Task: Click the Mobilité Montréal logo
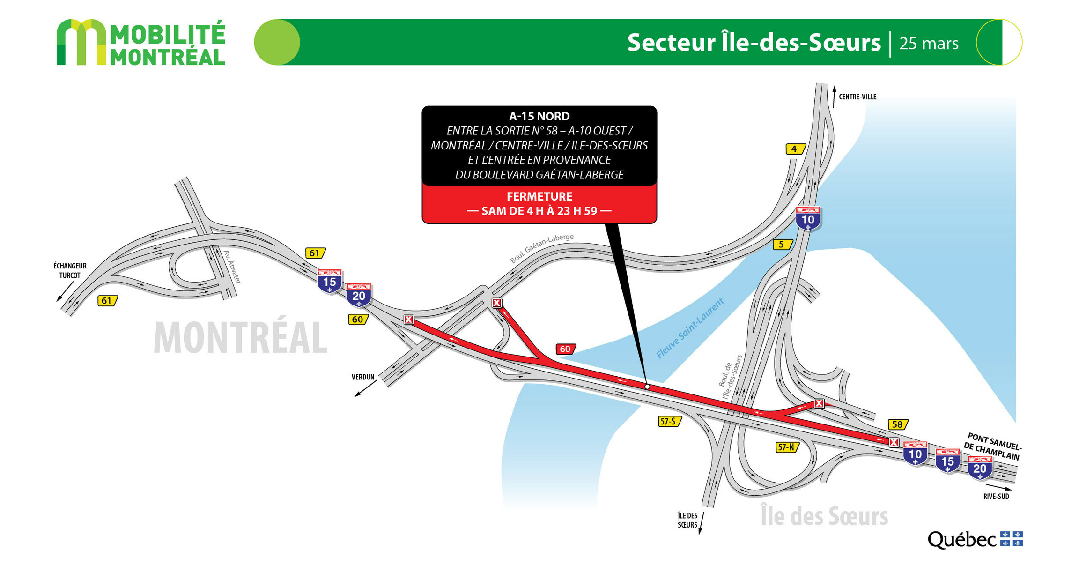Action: [140, 42]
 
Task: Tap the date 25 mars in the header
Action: [929, 43]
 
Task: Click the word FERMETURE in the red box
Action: [539, 196]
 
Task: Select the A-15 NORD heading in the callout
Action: [539, 116]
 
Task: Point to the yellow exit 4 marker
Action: [795, 149]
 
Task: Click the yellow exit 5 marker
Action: [782, 244]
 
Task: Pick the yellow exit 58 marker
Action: [897, 424]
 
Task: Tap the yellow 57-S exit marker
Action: [669, 421]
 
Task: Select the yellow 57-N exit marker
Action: [786, 447]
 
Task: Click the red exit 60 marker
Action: [565, 349]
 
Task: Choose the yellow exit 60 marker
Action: [358, 320]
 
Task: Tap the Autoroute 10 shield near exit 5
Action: [808, 219]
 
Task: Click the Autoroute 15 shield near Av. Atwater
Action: [329, 282]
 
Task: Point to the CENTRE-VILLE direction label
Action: [857, 97]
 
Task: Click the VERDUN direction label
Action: [363, 377]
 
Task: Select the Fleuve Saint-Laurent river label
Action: [690, 328]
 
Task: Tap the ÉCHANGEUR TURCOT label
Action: [70, 270]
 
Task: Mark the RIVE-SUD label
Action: [996, 496]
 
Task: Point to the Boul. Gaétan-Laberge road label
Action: [541, 248]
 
